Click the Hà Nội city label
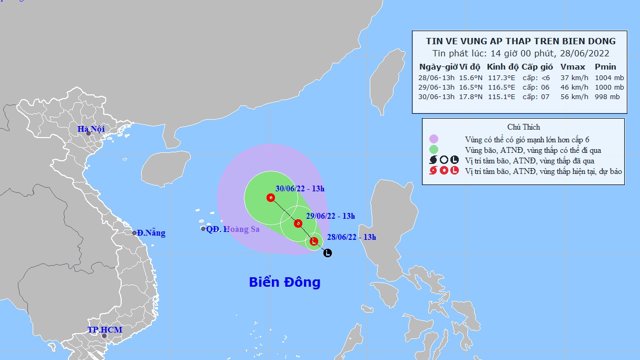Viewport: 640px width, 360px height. [x=91, y=129]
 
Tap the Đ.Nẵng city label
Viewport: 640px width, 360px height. [x=151, y=233]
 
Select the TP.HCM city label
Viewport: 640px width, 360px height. [x=104, y=330]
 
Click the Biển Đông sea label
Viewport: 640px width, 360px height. [x=284, y=283]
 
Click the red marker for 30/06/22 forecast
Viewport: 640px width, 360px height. [x=271, y=198]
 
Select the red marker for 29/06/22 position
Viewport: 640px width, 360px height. [x=298, y=223]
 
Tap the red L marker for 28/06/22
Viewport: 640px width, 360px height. [x=314, y=242]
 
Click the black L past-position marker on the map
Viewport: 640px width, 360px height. [x=328, y=253]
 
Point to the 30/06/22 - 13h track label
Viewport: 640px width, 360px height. [x=300, y=188]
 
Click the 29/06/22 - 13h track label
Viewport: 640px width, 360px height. [x=331, y=216]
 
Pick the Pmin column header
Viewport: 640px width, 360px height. [x=605, y=67]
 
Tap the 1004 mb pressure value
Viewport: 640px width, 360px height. [x=609, y=77]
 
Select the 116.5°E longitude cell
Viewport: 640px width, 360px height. [x=501, y=87]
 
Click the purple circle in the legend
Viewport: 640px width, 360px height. [x=434, y=139]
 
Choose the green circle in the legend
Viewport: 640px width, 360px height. [x=434, y=150]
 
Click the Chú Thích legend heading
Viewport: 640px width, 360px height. [x=524, y=127]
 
